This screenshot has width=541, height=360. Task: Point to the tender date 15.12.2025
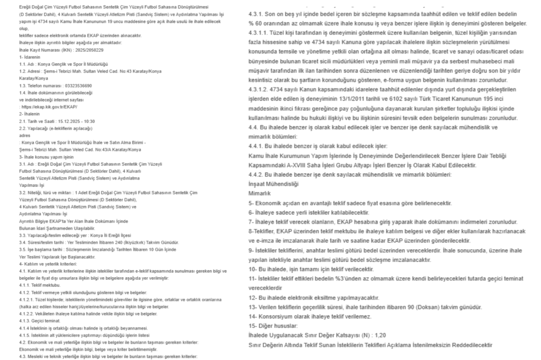[64, 120]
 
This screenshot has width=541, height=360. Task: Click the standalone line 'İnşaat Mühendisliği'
[273, 184]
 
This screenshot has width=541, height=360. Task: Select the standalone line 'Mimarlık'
[259, 193]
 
